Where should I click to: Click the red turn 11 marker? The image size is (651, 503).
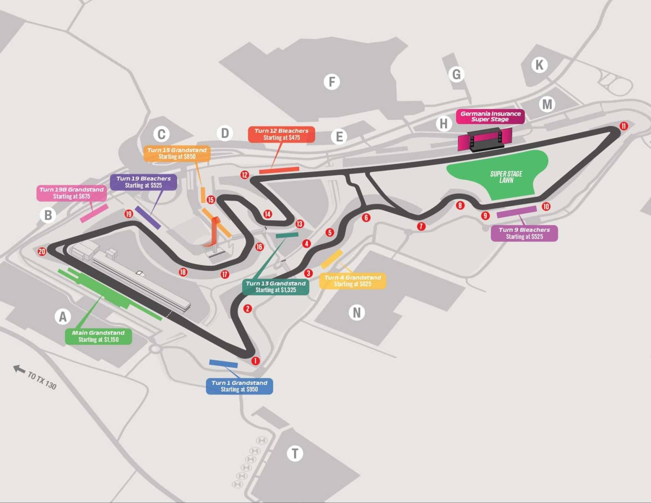coord(624,126)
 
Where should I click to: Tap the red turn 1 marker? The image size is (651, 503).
coord(255,361)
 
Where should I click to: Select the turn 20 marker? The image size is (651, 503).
coord(42,252)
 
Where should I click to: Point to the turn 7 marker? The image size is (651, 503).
coord(421,226)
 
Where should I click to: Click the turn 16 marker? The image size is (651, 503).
coord(259,247)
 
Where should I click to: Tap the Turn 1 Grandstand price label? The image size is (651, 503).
coord(239,386)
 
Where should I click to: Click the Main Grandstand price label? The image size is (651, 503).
coord(98,336)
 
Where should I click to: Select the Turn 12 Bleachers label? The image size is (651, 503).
coord(281,134)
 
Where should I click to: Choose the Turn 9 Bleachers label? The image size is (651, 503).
coord(524,233)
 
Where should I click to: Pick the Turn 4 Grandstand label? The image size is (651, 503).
coord(353,281)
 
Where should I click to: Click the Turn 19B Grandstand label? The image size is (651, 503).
coord(72,193)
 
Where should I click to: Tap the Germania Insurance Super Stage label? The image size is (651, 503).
coord(490,116)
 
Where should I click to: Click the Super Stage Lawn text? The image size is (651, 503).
coord(506,177)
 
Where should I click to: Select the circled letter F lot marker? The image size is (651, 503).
coord(332,82)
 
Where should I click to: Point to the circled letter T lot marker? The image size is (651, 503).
coord(295,453)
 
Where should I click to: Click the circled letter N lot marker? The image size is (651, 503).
coord(357,312)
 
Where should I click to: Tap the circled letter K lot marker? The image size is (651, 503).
coord(539,65)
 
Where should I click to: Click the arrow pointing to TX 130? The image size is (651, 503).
coord(19,369)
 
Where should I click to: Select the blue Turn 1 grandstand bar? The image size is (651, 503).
coord(223,364)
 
